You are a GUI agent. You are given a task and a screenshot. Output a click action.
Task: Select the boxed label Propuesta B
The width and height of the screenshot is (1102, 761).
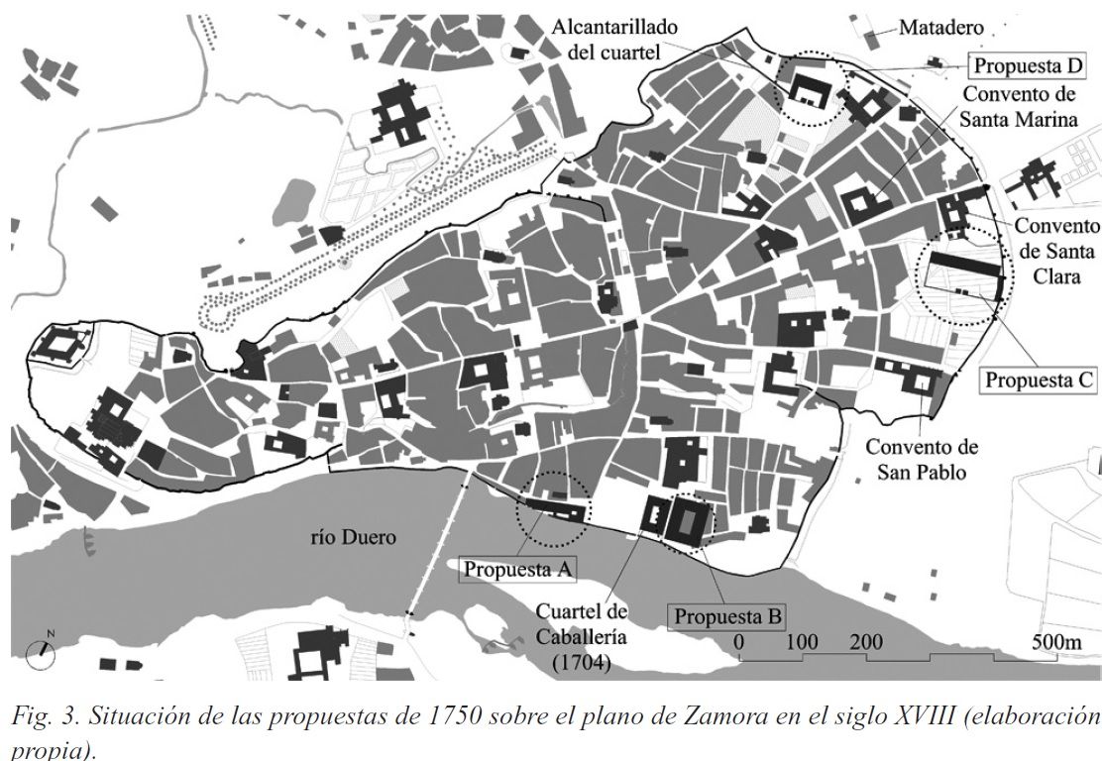point(728,616)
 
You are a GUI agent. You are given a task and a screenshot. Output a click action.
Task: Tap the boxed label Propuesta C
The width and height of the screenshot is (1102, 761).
point(1038,379)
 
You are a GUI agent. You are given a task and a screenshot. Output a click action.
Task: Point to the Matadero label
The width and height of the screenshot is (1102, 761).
point(941,28)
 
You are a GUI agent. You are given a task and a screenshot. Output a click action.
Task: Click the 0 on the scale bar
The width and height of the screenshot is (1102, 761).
point(738,642)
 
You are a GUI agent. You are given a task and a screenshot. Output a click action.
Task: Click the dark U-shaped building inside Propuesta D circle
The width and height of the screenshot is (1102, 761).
point(810,90)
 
